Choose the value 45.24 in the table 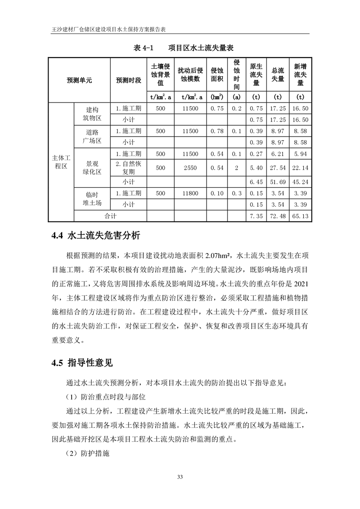(x=300, y=182)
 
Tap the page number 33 (x=180, y=476)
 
